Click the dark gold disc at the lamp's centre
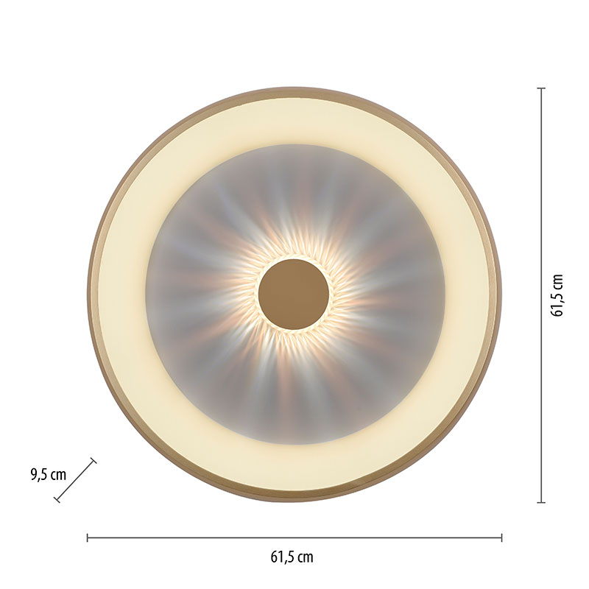294,294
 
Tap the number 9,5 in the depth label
39,475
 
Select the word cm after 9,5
58,476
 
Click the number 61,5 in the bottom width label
281,557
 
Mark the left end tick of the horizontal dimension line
87,538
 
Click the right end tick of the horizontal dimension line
502,538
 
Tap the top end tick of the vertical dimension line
541,88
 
